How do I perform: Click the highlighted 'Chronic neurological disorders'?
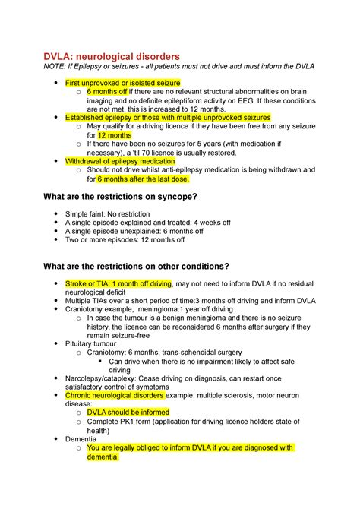click(x=115, y=395)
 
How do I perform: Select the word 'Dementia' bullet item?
click(x=81, y=438)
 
